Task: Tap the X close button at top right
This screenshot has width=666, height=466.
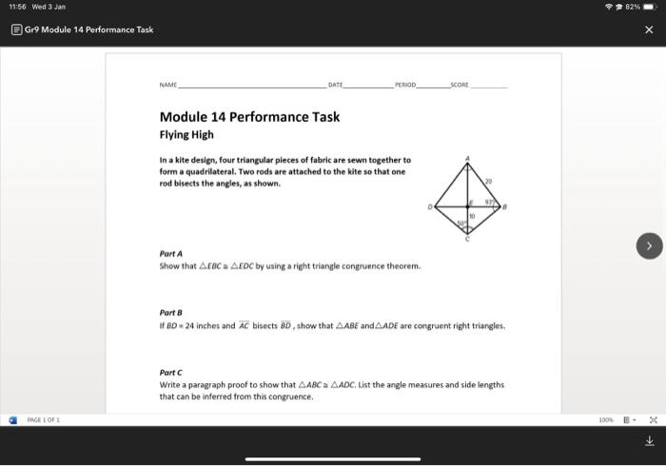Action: tap(649, 29)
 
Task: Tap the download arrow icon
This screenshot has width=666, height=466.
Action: tap(649, 440)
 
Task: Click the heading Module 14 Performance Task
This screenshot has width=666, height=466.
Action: tap(249, 117)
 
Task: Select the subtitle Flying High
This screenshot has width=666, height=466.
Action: tap(186, 135)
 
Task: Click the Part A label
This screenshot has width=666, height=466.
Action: tap(172, 254)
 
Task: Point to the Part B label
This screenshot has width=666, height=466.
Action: tap(172, 312)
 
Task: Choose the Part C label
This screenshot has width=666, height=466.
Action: tap(172, 372)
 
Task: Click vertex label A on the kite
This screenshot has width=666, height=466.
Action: tap(467, 157)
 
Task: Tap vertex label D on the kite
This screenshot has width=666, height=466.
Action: tap(430, 205)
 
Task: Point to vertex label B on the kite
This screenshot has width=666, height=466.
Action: tap(505, 205)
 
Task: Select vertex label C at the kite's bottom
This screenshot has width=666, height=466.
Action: tap(467, 240)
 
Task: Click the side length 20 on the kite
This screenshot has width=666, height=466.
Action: tap(489, 181)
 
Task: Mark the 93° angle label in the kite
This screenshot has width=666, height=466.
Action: tap(489, 202)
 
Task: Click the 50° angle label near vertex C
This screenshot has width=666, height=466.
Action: tap(461, 223)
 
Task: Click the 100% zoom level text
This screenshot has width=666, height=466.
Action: tap(604, 419)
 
